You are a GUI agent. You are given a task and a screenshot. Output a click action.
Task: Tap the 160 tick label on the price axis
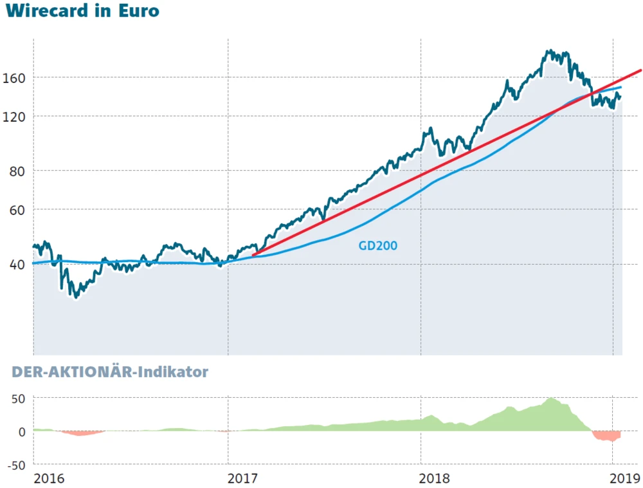(14, 77)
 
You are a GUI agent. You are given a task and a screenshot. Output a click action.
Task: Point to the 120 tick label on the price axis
(14, 117)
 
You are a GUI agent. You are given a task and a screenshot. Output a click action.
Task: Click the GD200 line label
(378, 245)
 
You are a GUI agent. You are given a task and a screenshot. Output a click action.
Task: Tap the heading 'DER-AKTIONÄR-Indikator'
(110, 372)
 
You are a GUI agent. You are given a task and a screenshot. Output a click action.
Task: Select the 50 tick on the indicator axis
(17, 399)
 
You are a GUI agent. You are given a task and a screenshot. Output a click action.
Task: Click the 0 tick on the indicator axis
(21, 431)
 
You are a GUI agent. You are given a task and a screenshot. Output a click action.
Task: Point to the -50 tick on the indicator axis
(15, 465)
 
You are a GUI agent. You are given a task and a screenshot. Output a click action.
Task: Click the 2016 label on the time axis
(49, 478)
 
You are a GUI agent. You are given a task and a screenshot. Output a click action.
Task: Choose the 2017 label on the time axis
(242, 478)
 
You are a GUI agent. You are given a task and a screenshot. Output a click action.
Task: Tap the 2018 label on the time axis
(435, 478)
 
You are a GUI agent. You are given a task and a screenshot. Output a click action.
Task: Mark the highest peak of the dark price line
(548, 51)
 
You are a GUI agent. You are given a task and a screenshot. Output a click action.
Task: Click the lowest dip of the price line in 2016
(77, 296)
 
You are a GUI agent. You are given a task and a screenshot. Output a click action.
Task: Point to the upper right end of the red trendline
(640, 70)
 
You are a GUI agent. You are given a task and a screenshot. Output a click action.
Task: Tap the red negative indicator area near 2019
(606, 436)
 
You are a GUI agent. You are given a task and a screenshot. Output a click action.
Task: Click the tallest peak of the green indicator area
(551, 399)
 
